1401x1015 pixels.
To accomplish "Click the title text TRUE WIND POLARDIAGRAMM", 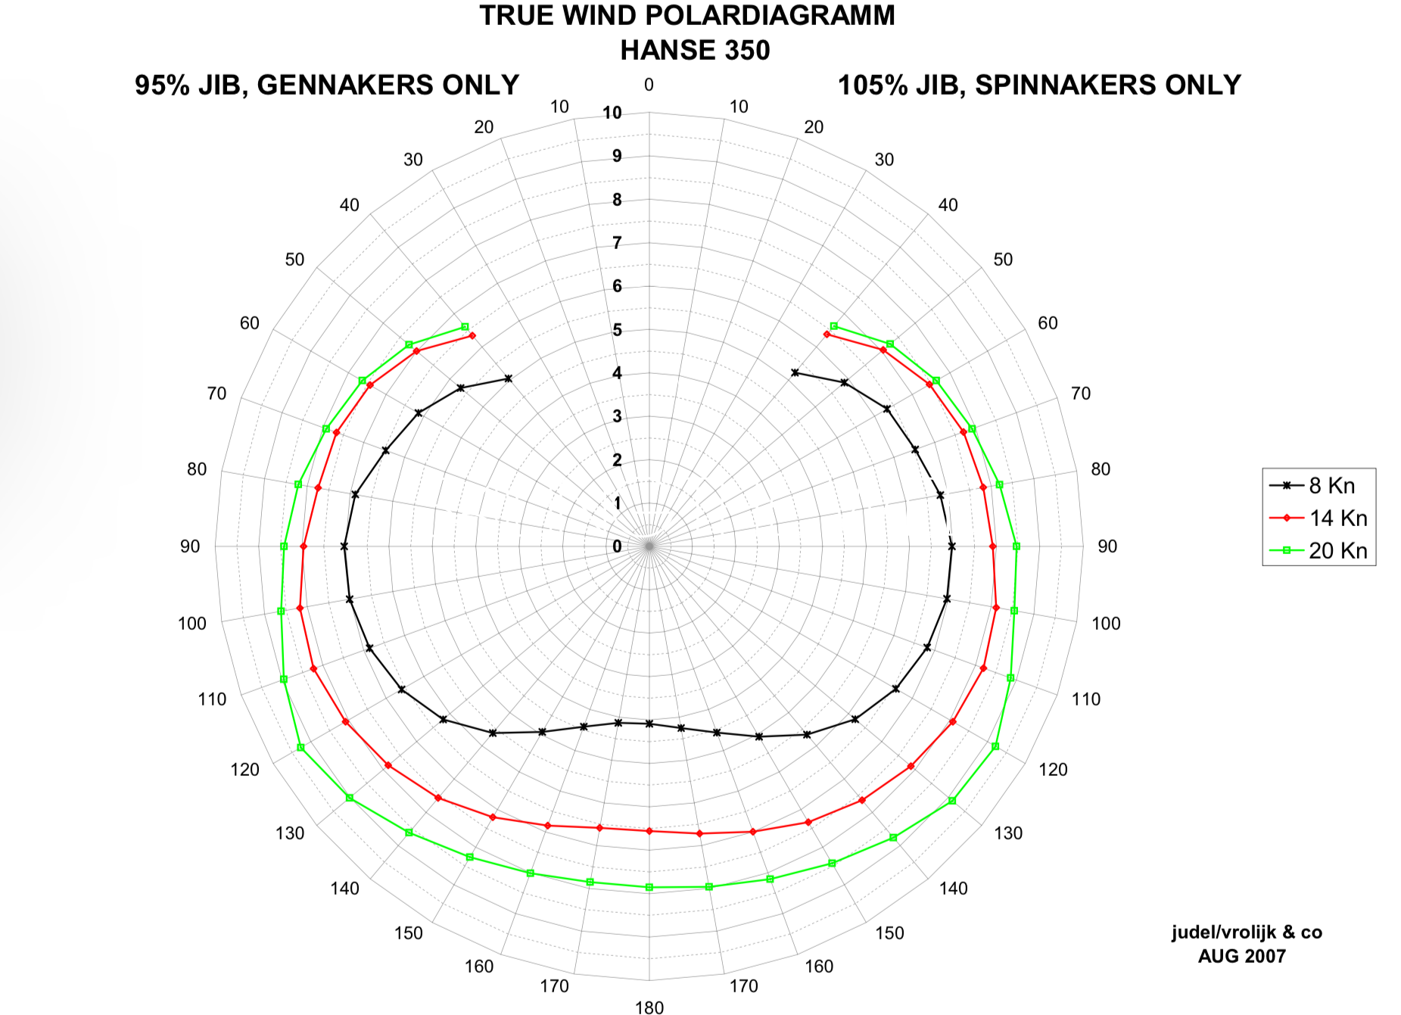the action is (687, 16).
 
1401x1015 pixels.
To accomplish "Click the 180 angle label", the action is (649, 1007).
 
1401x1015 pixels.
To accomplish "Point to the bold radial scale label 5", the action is (618, 330).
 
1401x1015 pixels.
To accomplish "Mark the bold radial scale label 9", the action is (618, 156).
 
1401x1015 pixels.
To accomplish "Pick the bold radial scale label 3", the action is (618, 416).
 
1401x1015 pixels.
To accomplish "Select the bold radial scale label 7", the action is (618, 243).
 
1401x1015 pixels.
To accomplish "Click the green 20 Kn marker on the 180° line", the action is (649, 887).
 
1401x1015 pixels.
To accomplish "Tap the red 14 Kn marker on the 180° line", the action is (649, 831).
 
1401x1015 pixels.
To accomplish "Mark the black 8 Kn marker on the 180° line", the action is (649, 724).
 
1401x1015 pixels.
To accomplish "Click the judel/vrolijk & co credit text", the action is (1247, 932).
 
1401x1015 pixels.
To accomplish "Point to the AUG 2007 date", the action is (1242, 956).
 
